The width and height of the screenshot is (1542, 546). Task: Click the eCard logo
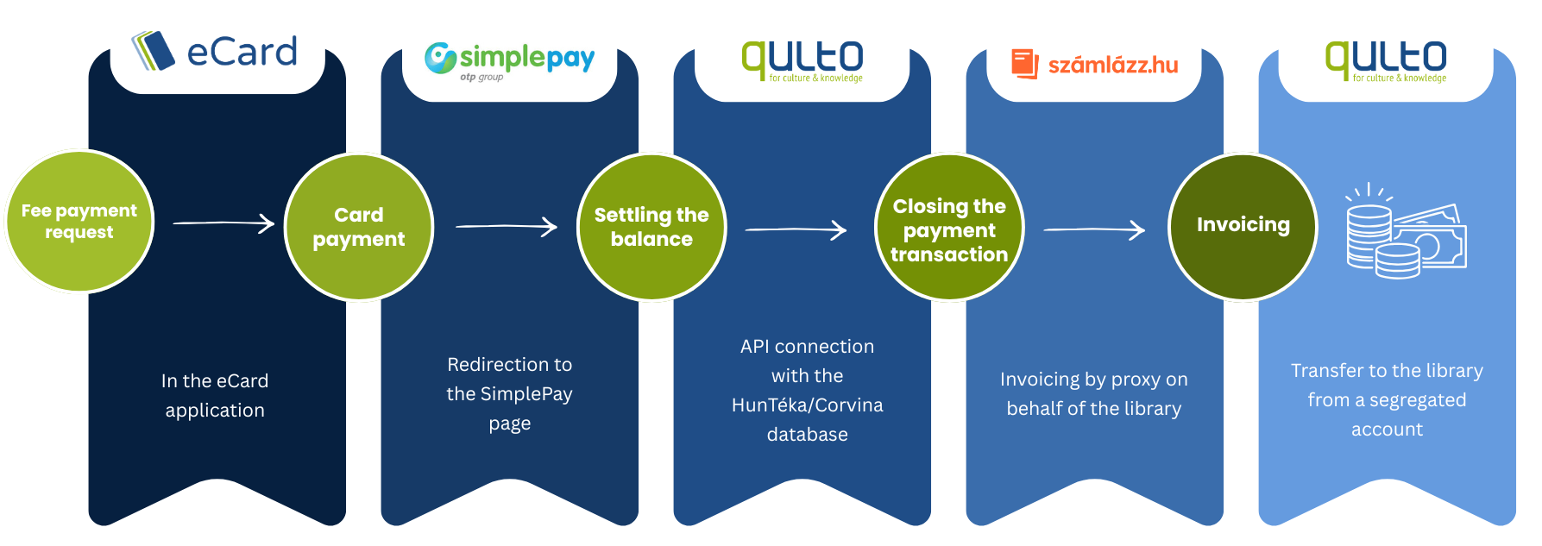tap(215, 51)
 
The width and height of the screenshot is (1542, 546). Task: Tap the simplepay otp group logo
tap(509, 61)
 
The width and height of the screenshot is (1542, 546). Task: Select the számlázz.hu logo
tap(1094, 64)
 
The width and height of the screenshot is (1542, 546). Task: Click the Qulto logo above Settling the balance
tap(802, 61)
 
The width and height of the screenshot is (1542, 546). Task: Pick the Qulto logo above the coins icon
tap(1386, 61)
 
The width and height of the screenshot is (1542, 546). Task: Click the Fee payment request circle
tap(79, 222)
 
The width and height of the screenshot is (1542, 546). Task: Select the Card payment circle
tap(359, 227)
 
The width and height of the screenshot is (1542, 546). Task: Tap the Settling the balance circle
tap(651, 227)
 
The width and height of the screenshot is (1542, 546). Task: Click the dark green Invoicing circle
tap(1243, 227)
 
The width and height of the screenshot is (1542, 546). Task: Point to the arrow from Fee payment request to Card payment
tap(223, 223)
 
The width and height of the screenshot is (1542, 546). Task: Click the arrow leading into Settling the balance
tap(507, 226)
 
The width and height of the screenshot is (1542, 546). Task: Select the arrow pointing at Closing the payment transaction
tap(796, 229)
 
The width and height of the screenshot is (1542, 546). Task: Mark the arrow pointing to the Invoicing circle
tap(1094, 229)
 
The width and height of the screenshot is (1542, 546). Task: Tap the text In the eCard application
tap(215, 395)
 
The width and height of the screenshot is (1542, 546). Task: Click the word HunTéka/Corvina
tap(808, 405)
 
